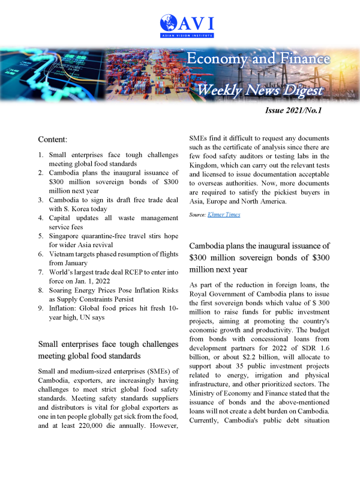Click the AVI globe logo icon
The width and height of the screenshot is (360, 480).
[169, 23]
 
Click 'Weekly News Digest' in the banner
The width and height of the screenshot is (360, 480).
[260, 91]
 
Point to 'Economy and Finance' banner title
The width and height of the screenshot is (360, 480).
[258, 59]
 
